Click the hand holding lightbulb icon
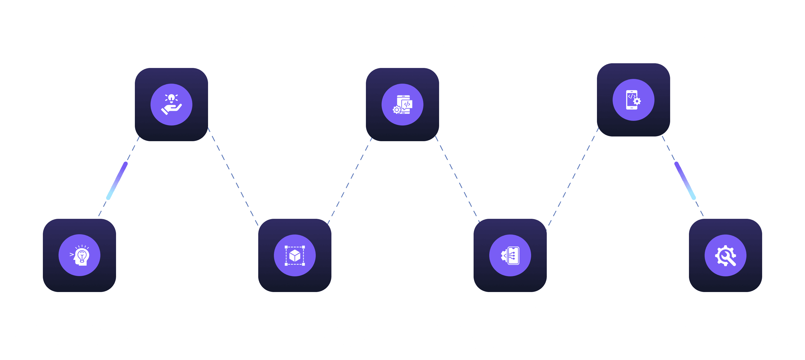pyautogui.click(x=171, y=104)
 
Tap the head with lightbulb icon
pyautogui.click(x=79, y=255)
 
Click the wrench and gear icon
pyautogui.click(x=725, y=255)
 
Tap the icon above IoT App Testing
pyautogui.click(x=510, y=255)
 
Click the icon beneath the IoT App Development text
pyautogui.click(x=402, y=104)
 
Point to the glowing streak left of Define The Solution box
pyautogui.click(x=117, y=181)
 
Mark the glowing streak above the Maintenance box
pyautogui.click(x=685, y=181)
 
